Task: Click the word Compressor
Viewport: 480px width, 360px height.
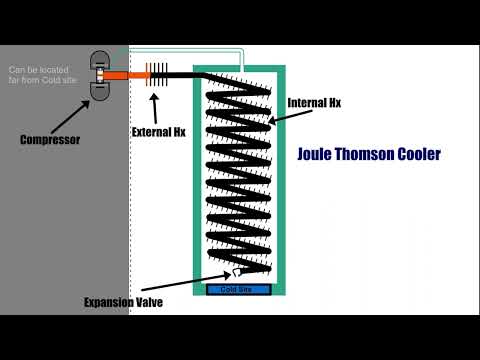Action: point(49,139)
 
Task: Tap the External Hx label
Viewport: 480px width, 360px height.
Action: point(157,131)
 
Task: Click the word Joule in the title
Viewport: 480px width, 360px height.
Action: point(319,155)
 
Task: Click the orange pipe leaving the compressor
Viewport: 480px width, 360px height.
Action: point(128,75)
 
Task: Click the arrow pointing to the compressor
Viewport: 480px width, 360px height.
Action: point(80,114)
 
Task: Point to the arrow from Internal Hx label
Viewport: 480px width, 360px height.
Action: point(278,115)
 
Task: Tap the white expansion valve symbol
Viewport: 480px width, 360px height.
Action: point(235,271)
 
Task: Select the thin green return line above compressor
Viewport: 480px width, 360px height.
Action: point(170,49)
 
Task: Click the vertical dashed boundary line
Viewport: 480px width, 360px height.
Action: point(129,200)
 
